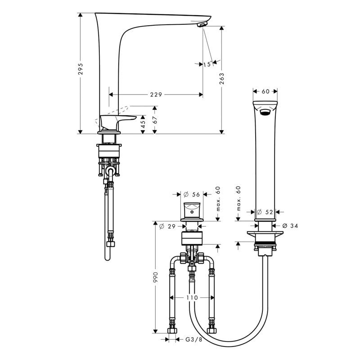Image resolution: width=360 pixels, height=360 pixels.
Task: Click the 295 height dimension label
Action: click(x=80, y=69)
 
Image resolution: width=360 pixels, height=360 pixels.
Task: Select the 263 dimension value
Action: click(x=221, y=78)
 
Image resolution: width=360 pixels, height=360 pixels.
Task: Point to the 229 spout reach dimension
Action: click(x=156, y=94)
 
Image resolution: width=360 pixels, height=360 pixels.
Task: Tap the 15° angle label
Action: click(x=207, y=64)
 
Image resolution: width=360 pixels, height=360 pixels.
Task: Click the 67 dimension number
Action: click(x=155, y=120)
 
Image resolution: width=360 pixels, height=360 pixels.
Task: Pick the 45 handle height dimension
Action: click(x=143, y=124)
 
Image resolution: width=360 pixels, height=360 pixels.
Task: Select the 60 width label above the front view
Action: click(x=265, y=91)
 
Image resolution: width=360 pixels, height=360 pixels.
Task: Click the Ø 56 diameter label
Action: click(x=192, y=194)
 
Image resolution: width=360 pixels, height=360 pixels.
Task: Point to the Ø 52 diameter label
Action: click(x=265, y=212)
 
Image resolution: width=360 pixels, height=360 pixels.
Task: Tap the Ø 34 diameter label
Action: click(x=290, y=226)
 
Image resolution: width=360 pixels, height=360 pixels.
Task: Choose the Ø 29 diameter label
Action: click(x=167, y=226)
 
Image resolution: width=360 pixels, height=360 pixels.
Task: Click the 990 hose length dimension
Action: click(x=155, y=277)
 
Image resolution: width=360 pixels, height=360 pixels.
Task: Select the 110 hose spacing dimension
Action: click(x=192, y=297)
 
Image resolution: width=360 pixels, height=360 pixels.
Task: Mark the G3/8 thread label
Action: click(x=194, y=339)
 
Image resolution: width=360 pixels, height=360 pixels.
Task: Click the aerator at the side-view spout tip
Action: click(x=202, y=25)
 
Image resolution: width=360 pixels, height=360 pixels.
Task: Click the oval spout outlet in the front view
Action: click(x=265, y=112)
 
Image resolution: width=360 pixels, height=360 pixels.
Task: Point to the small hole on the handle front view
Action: click(x=192, y=212)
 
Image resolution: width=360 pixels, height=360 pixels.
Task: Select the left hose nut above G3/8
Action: click(x=172, y=331)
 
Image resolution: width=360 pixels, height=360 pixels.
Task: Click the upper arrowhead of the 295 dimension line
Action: click(x=80, y=15)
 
